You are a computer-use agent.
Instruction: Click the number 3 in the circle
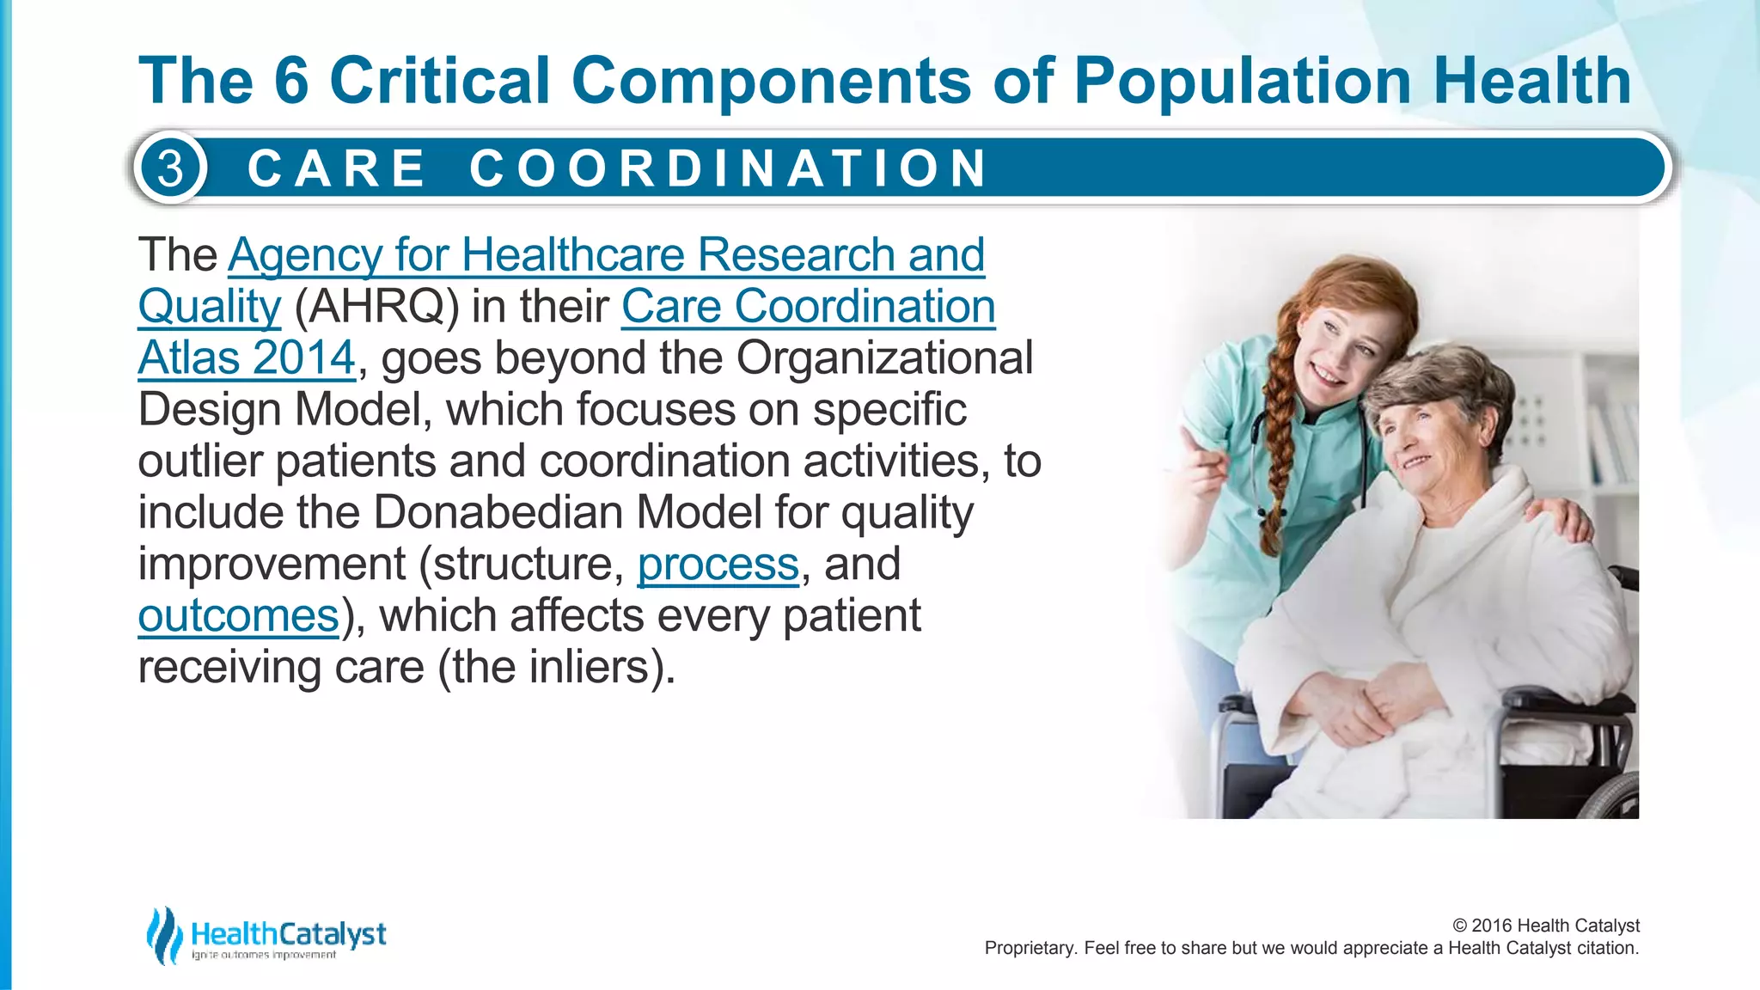click(171, 168)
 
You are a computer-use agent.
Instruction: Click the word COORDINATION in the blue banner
click(729, 168)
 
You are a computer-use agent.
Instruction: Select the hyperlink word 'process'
click(718, 565)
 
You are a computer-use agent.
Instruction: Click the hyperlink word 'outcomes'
click(239, 616)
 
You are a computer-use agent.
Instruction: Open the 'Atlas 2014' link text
click(247, 358)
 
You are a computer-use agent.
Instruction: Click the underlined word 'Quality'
click(210, 307)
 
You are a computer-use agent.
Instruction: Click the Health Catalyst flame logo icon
click(163, 935)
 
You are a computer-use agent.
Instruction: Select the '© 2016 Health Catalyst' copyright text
click(1545, 926)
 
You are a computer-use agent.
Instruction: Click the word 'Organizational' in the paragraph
click(884, 358)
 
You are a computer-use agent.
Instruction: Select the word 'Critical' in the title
click(439, 81)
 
